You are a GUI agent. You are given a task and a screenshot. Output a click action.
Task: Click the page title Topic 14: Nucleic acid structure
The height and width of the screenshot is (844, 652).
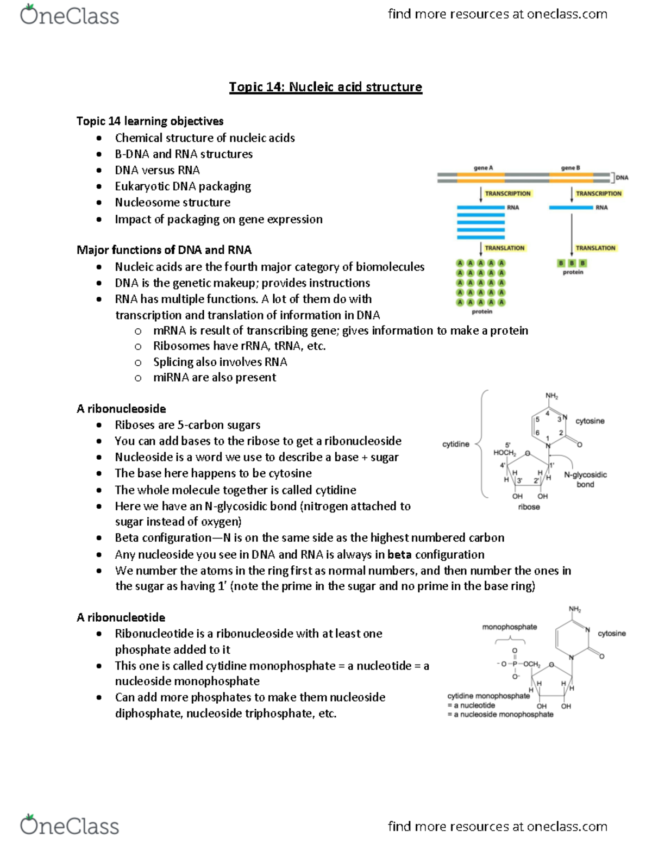click(x=325, y=87)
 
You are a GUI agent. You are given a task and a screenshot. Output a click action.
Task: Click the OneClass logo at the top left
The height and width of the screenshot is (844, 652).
click(x=70, y=15)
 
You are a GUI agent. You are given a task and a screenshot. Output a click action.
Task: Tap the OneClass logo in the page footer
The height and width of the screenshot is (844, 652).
click(x=70, y=826)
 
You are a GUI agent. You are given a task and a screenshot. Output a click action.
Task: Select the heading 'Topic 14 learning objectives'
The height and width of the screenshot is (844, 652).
click(x=150, y=121)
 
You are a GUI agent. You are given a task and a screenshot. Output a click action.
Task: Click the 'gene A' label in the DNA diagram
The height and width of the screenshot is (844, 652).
click(x=483, y=168)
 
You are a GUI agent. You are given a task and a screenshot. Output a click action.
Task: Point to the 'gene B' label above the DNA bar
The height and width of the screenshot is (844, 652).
click(x=570, y=168)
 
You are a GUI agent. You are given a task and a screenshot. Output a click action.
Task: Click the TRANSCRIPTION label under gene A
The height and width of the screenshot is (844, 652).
click(x=507, y=193)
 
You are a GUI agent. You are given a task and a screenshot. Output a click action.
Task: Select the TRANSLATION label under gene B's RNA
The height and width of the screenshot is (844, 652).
click(x=595, y=248)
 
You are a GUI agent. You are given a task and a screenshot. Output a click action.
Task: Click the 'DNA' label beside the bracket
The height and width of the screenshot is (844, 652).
click(x=622, y=178)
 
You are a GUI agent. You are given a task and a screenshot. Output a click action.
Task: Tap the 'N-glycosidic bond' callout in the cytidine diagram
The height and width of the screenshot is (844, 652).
click(x=585, y=479)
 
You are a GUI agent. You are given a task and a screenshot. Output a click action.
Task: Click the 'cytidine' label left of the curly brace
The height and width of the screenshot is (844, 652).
click(x=455, y=444)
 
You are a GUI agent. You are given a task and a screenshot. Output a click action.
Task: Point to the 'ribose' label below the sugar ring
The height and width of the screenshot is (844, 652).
click(x=529, y=507)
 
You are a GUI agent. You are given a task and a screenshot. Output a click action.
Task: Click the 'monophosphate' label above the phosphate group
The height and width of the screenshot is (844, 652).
click(x=509, y=627)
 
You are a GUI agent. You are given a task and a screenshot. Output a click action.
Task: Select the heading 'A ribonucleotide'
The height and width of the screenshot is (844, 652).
click(x=121, y=617)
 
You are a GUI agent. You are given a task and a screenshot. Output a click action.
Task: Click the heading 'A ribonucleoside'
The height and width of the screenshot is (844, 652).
click(x=121, y=409)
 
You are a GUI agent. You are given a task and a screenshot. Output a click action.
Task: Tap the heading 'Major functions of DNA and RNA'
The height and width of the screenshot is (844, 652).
click(x=164, y=250)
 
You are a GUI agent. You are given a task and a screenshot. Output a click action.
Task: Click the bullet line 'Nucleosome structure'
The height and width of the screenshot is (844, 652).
click(x=172, y=203)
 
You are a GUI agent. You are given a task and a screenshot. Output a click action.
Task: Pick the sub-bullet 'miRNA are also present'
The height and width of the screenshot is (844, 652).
click(x=214, y=378)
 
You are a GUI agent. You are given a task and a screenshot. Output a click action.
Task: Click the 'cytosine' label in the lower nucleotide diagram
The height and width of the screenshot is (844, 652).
click(x=611, y=634)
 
